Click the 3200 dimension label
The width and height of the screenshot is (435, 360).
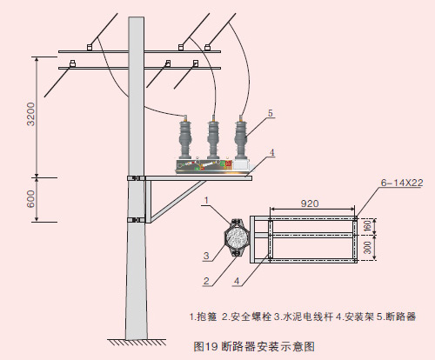30,114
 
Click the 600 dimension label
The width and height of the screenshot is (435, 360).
30,199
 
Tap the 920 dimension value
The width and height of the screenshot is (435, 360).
310,203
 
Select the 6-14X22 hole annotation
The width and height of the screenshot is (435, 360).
402,183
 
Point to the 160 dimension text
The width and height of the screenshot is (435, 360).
367,226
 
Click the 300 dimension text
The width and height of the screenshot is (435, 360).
367,247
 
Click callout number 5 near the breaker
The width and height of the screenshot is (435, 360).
271,113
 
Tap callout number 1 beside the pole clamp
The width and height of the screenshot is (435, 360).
206,200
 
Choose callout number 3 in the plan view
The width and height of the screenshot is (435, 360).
206,256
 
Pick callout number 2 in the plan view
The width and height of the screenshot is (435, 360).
206,281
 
